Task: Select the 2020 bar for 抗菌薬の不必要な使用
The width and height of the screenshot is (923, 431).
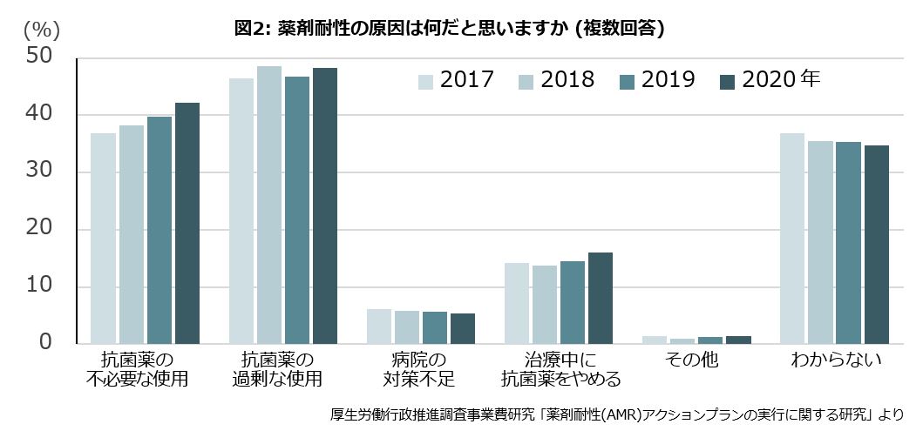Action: [x=187, y=223]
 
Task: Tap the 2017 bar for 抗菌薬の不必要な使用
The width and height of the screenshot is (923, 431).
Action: [x=103, y=238]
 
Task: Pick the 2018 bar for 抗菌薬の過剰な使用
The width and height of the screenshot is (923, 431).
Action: [x=269, y=205]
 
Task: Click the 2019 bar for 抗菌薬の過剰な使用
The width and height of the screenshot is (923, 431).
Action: [x=297, y=210]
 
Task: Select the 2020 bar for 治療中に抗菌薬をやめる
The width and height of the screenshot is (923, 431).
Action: [x=601, y=298]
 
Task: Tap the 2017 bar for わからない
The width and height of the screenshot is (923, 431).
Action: [x=792, y=238]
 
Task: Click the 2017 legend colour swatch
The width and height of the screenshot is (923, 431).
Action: [x=425, y=81]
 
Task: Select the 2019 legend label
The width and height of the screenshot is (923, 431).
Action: [x=669, y=80]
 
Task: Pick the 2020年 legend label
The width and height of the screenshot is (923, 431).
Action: [x=781, y=80]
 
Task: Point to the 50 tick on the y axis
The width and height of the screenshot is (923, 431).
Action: [x=41, y=57]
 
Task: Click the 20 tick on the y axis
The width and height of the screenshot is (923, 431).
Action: [x=41, y=229]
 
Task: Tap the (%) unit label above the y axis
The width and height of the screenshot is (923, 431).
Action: [x=41, y=29]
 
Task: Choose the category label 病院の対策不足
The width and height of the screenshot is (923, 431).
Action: [x=420, y=369]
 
